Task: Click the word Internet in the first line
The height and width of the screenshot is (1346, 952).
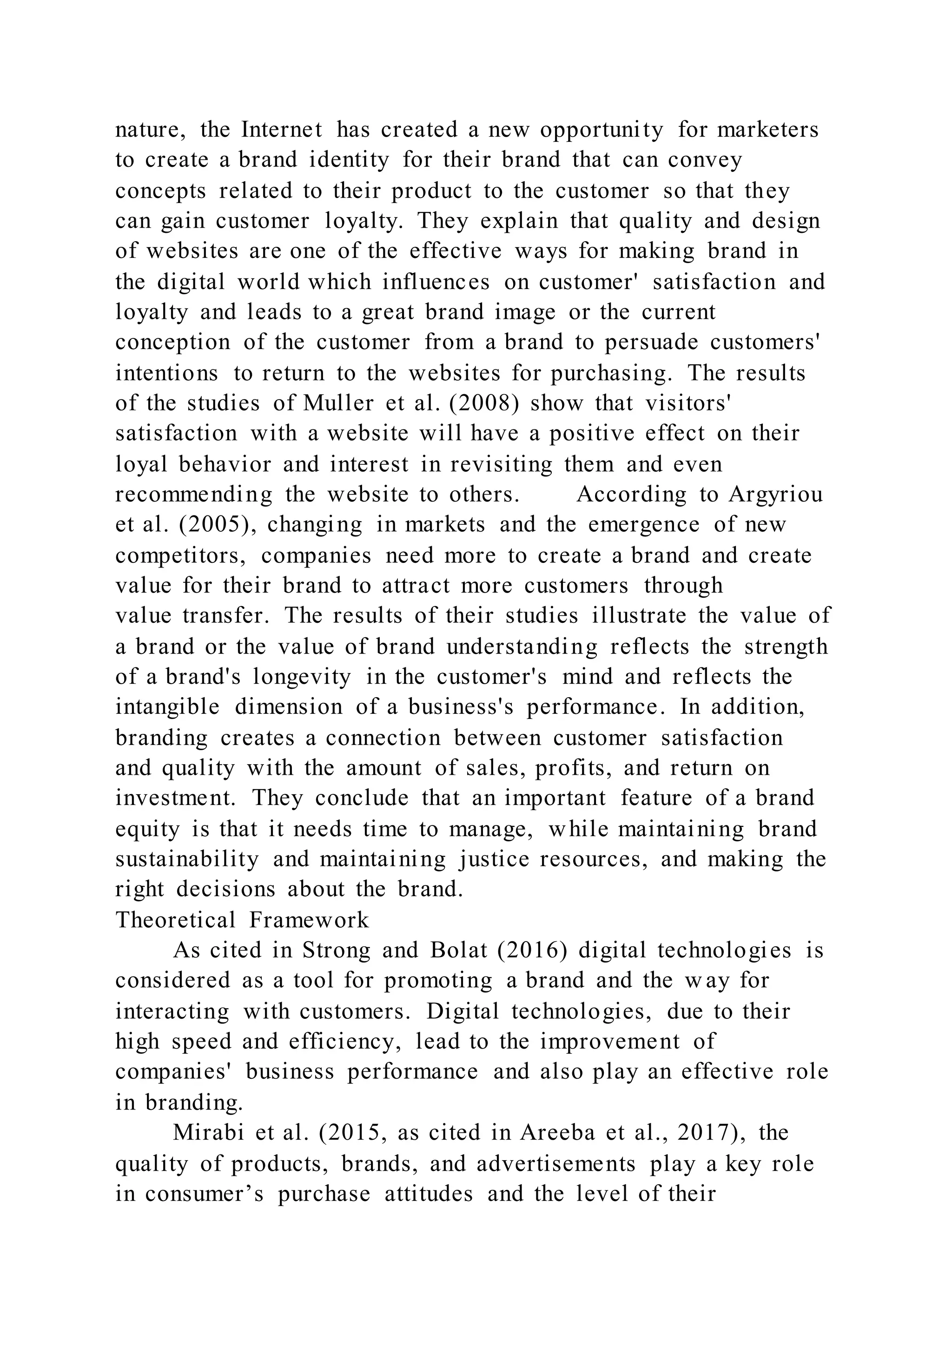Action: pos(281,130)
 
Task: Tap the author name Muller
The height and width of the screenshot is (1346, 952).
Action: pos(338,403)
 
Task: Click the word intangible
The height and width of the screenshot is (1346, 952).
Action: pos(168,707)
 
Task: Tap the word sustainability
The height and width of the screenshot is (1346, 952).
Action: pos(187,859)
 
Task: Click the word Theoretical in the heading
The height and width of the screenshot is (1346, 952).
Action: pos(175,920)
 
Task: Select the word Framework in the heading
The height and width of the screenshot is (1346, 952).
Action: pos(309,920)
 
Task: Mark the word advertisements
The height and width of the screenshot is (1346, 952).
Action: pos(556,1163)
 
